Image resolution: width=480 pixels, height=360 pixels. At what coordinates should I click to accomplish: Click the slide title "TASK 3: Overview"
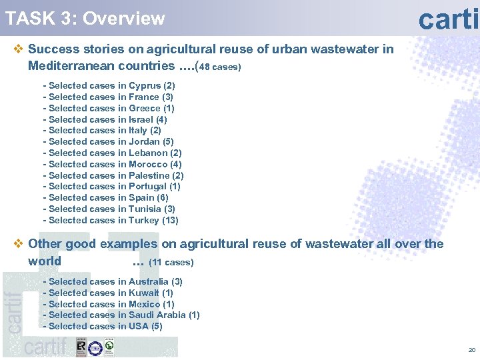tap(85, 18)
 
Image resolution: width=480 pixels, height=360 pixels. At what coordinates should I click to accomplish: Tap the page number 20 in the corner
tap(472, 350)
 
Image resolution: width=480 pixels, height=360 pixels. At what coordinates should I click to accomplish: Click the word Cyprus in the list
tap(145, 85)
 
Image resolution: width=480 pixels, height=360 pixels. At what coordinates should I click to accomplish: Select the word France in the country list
tap(144, 97)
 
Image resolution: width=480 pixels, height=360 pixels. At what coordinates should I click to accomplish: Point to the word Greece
tap(145, 108)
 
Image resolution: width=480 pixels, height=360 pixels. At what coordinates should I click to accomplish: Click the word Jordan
tap(144, 141)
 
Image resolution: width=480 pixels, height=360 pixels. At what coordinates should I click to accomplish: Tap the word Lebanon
tap(149, 153)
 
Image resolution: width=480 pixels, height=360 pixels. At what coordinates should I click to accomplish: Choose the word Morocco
tap(148, 164)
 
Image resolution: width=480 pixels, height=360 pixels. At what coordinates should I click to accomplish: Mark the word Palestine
tap(149, 175)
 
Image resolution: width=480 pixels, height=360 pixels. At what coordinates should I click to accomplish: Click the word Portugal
tap(148, 187)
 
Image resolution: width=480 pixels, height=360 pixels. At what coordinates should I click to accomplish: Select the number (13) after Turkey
tap(170, 220)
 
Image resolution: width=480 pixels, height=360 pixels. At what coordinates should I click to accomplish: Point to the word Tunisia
tap(145, 209)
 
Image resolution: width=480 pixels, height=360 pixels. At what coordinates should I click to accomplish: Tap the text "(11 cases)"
tap(171, 262)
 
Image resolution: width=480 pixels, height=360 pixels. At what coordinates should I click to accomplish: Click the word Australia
tap(149, 281)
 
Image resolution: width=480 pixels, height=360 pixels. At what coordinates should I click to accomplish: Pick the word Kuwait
tap(144, 293)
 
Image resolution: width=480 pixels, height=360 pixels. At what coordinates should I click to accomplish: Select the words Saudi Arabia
tap(157, 315)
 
